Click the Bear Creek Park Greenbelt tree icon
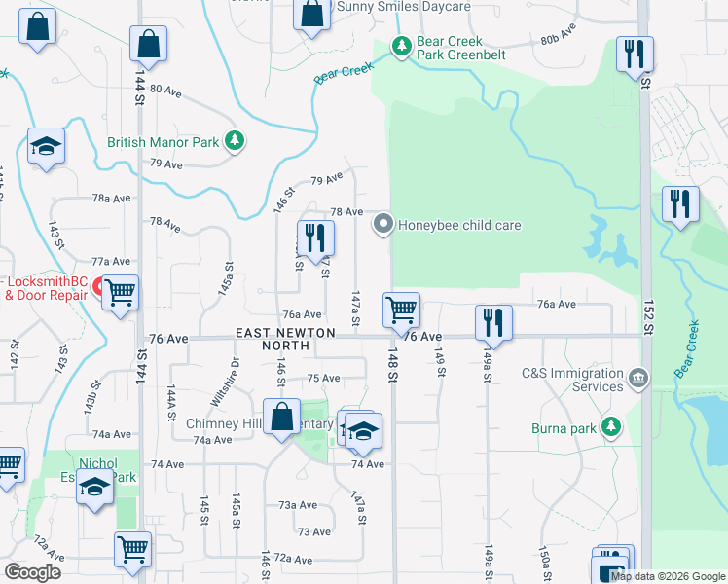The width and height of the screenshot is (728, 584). click(400, 46)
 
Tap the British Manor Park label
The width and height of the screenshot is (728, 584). click(164, 142)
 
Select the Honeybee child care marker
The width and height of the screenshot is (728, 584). click(382, 225)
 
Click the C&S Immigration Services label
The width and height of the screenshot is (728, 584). click(572, 380)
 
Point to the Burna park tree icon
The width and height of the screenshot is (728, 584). click(611, 426)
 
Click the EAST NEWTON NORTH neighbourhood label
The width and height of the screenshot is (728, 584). click(285, 339)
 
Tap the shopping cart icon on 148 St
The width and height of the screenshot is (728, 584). click(401, 310)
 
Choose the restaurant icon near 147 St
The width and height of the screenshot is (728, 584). click(314, 237)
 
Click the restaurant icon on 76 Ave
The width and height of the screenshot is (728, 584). click(493, 323)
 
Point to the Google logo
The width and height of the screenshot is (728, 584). click(33, 572)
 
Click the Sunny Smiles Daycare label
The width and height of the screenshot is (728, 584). click(403, 6)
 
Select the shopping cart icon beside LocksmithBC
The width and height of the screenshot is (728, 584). click(121, 291)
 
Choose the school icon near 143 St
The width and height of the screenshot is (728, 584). click(45, 147)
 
